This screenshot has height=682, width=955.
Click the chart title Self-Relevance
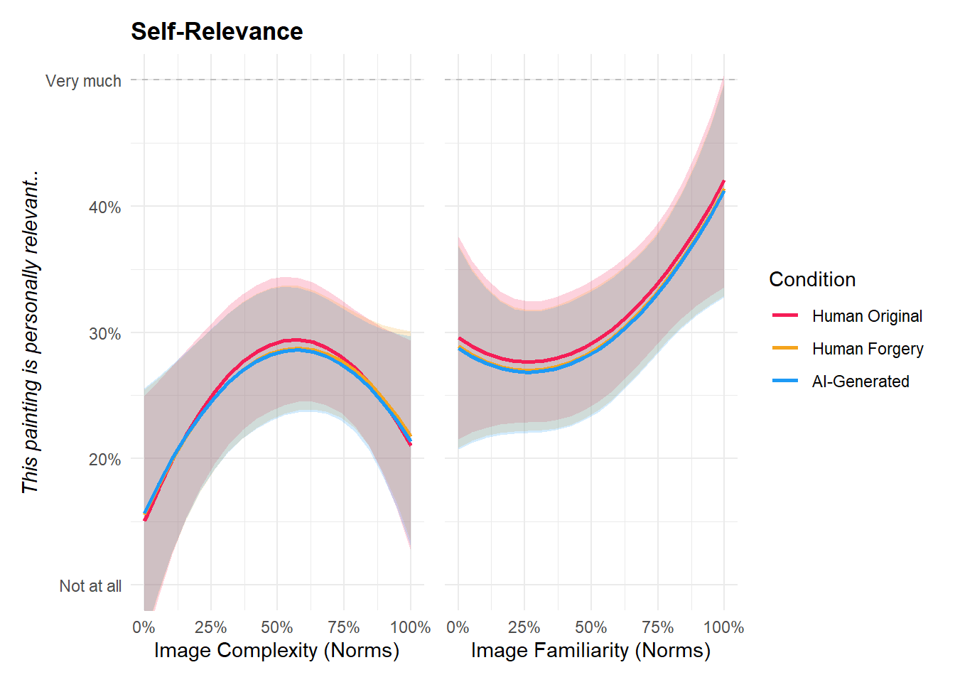(x=217, y=31)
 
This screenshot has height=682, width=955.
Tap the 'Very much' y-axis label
(x=83, y=81)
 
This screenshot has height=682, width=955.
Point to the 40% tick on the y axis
(x=104, y=207)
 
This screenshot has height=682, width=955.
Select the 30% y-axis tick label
(x=104, y=334)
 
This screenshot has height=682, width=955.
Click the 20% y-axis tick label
(x=104, y=460)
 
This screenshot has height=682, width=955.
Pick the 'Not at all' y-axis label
(x=90, y=586)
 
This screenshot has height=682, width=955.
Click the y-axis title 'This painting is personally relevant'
(x=30, y=332)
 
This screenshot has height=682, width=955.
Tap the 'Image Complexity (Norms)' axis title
(x=276, y=650)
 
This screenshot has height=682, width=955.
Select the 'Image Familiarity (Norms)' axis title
(x=590, y=650)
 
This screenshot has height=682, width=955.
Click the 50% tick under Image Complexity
(x=276, y=627)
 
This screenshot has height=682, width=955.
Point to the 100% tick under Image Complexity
(x=410, y=627)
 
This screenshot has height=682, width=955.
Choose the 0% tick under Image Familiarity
(x=458, y=627)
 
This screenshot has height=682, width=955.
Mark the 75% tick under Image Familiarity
(x=657, y=627)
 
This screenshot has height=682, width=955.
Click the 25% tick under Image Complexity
(x=210, y=627)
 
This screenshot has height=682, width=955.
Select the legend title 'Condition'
(x=812, y=279)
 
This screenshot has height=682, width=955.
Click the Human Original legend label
(x=867, y=316)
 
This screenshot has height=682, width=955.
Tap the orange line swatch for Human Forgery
(x=785, y=348)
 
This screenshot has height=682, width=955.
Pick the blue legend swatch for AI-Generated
(x=785, y=381)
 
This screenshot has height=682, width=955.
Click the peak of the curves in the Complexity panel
(x=296, y=341)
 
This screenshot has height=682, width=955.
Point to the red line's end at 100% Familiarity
(x=723, y=181)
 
